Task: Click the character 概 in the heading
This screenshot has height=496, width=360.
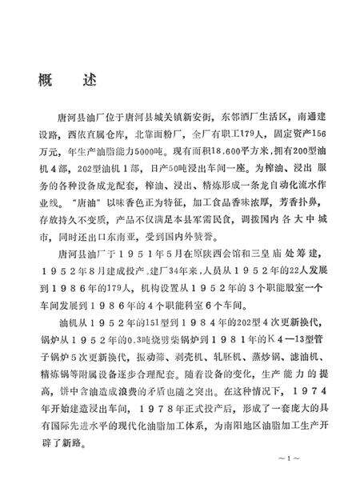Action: (x=46, y=82)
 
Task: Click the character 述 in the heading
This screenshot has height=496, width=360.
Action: (x=86, y=82)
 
